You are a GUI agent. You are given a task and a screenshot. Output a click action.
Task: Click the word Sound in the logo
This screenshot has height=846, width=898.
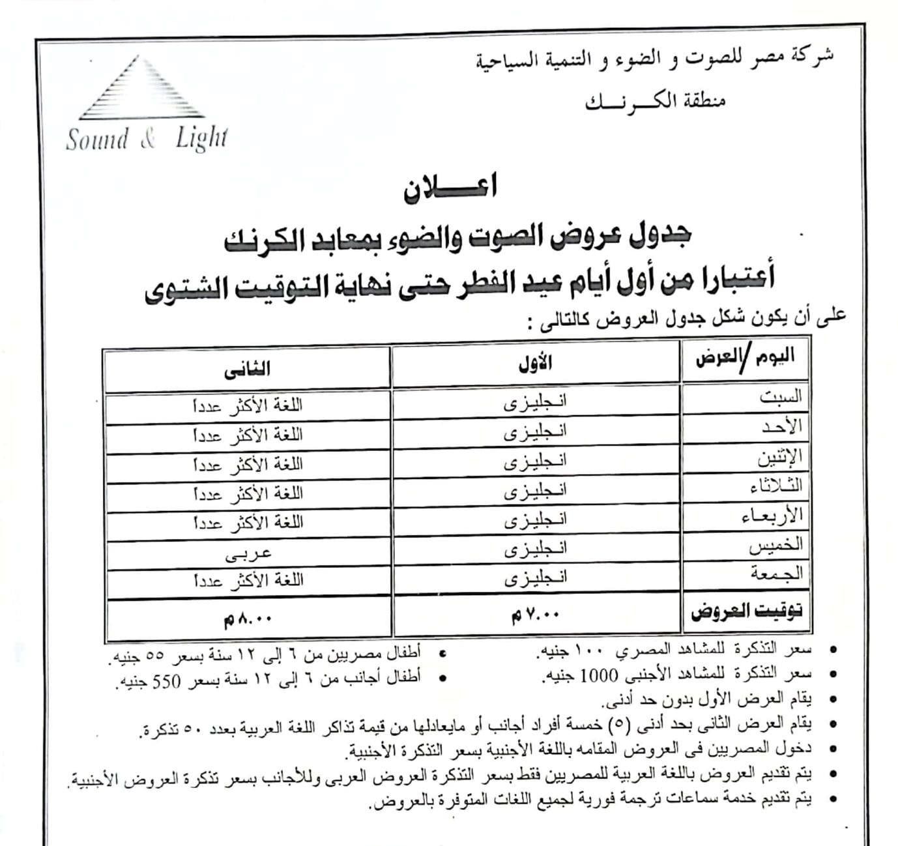click(97, 139)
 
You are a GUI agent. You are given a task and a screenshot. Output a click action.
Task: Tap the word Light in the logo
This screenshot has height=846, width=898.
click(201, 139)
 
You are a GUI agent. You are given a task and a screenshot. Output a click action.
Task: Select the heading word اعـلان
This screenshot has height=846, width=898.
click(450, 188)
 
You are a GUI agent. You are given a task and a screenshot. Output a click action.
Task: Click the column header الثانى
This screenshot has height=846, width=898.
click(248, 369)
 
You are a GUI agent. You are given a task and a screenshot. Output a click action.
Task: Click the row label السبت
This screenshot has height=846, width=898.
click(781, 397)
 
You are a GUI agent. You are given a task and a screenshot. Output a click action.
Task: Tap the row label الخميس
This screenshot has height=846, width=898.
click(775, 545)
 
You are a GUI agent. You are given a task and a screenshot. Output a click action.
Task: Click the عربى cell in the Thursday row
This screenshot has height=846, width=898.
click(248, 553)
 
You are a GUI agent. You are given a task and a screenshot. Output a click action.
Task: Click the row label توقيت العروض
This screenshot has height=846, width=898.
click(747, 611)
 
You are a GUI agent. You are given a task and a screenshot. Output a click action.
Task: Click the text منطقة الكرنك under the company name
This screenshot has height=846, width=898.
click(656, 102)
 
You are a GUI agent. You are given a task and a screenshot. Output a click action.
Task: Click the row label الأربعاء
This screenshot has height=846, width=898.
click(773, 516)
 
